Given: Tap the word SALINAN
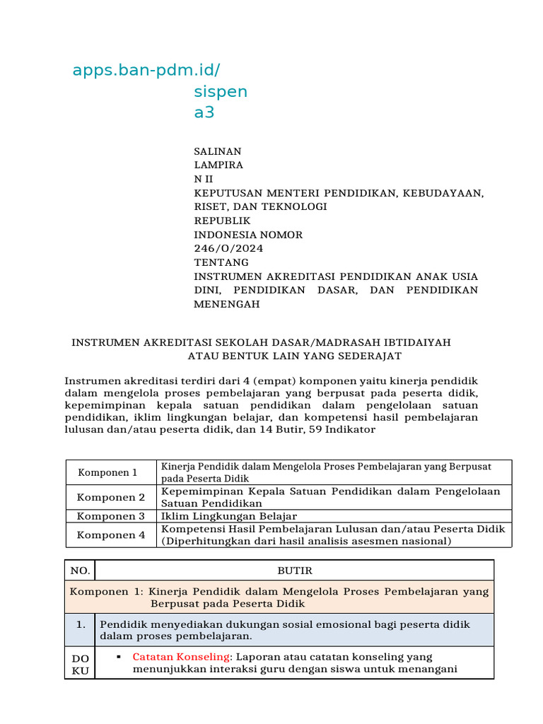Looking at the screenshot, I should tap(218, 151).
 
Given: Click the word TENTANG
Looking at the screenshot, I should tap(221, 262).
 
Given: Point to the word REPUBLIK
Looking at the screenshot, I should tap(222, 221).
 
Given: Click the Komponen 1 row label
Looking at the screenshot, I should tap(107, 472).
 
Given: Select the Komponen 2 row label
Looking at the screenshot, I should tap(110, 497).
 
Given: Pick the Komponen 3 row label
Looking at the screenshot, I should tap(110, 516).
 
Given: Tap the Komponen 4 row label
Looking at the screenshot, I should tap(110, 535).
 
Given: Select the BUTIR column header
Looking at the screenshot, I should tap(295, 571).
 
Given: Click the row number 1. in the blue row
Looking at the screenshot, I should tap(80, 624).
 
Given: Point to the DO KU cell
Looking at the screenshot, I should tap(80, 664).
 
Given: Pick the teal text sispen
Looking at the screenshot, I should tap(221, 92).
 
